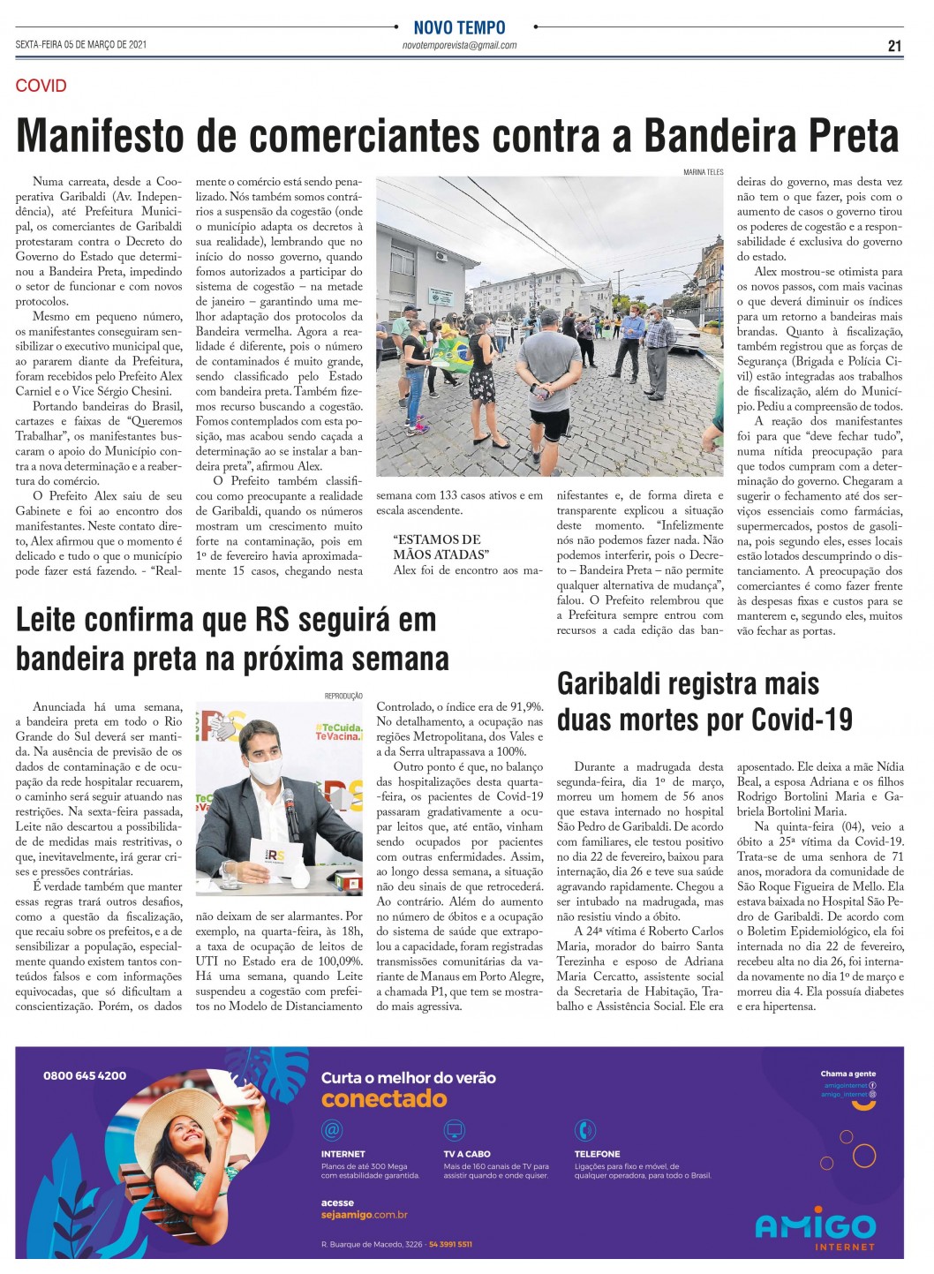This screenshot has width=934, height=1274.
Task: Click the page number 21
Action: pyautogui.click(x=894, y=46)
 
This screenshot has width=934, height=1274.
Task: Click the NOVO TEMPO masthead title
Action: pyautogui.click(x=459, y=27)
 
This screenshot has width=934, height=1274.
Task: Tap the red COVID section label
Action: pyautogui.click(x=41, y=86)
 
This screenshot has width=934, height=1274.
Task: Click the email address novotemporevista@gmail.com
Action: pyautogui.click(x=459, y=46)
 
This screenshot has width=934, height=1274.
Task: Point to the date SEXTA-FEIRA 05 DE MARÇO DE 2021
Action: pyautogui.click(x=81, y=45)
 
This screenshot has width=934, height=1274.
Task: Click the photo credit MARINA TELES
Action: pyautogui.click(x=703, y=172)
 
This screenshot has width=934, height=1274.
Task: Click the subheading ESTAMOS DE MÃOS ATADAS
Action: pyautogui.click(x=440, y=547)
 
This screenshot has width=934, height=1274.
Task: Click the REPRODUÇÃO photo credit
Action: pyautogui.click(x=343, y=696)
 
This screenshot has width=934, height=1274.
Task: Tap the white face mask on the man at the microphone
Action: pyautogui.click(x=265, y=770)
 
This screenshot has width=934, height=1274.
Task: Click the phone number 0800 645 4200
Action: pyautogui.click(x=85, y=1075)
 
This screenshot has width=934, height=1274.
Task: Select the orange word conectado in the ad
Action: pyautogui.click(x=384, y=1099)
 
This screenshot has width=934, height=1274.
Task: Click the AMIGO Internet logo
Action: pyautogui.click(x=815, y=1228)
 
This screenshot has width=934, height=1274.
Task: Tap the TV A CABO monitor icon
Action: pyautogui.click(x=454, y=1130)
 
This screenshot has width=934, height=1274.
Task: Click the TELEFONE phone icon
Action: pyautogui.click(x=584, y=1130)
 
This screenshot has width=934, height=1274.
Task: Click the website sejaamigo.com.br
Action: pyautogui.click(x=365, y=1215)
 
